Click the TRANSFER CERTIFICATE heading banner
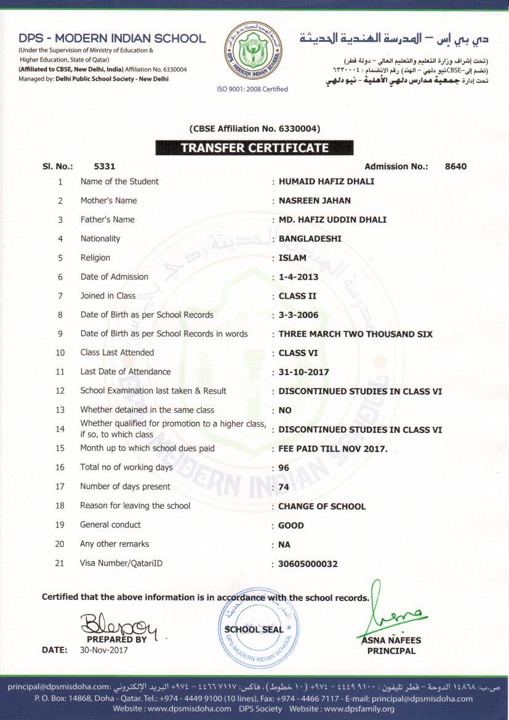coord(254,148)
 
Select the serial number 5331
coord(105,166)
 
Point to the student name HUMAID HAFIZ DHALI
coord(326,182)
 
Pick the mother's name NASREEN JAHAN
coord(315,201)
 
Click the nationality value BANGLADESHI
coord(310,239)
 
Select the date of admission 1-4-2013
coord(299,277)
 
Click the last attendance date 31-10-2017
coord(303,372)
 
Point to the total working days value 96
coord(284,468)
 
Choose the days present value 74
coord(284,487)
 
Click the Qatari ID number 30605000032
coord(308,564)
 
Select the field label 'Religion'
coord(95,258)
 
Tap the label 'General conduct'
coord(110,525)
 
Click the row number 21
coord(60,563)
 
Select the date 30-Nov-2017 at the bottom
coord(108,650)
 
